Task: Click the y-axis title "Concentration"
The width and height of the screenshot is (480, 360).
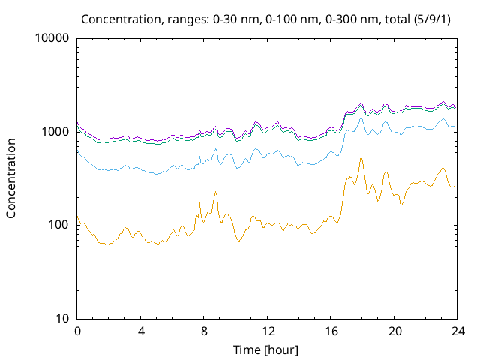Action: (x=11, y=178)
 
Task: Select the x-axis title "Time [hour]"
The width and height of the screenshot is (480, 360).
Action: (x=267, y=349)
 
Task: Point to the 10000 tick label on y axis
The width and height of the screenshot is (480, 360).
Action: (x=52, y=39)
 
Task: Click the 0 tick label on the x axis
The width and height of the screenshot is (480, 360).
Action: (x=77, y=331)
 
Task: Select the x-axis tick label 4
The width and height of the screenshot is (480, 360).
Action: (x=141, y=331)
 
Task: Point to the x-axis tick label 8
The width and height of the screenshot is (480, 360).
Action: (x=204, y=331)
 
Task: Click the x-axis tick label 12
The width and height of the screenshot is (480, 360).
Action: (x=267, y=331)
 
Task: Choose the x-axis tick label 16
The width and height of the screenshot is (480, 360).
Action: (x=331, y=331)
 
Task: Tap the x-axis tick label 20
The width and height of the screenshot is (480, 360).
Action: (x=394, y=331)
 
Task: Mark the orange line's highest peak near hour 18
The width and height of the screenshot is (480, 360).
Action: (x=361, y=158)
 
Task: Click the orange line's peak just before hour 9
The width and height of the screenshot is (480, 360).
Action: (x=215, y=192)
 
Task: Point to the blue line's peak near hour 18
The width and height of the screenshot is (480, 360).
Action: (x=361, y=118)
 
